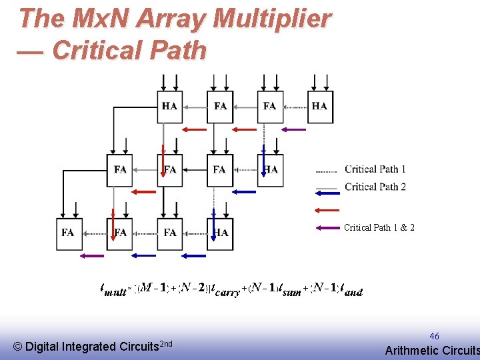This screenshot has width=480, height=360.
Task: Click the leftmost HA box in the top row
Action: coord(169,106)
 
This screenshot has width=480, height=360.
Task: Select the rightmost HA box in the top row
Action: coord(320,106)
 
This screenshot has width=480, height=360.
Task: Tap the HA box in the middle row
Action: coord(270,170)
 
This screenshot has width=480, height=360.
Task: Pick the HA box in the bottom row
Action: coord(220,233)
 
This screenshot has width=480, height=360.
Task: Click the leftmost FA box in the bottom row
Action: coord(68,233)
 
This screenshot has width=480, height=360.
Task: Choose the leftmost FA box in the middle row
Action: coord(119,170)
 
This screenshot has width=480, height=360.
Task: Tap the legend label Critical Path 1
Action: coord(375,169)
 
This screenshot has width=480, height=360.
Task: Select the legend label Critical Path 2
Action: coord(375,187)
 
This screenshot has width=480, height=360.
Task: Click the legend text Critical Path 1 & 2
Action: coord(379,228)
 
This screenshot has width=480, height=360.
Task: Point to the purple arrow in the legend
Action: coord(327,228)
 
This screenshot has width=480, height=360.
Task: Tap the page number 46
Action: coord(434,336)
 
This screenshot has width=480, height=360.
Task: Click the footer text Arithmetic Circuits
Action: coord(432,351)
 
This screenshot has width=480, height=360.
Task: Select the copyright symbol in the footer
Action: coord(18,346)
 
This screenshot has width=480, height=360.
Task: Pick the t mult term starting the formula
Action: coord(114,289)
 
